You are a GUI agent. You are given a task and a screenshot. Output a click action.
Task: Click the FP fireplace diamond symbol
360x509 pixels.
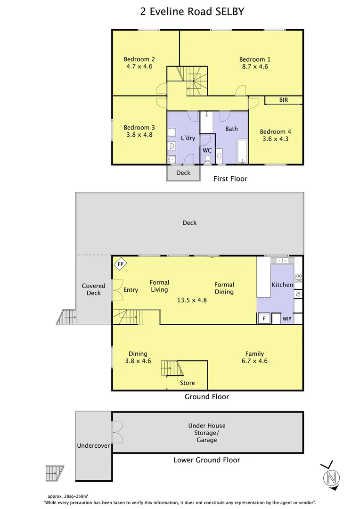tap(121, 264)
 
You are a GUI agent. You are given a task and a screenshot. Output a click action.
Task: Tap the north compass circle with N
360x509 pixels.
tap(331, 478)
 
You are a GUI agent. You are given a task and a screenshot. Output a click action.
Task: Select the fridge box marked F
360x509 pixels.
tap(264, 319)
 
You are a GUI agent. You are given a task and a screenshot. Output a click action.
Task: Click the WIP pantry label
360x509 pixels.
tap(287, 319)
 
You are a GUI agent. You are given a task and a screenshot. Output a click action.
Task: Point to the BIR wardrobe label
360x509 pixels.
tap(284, 100)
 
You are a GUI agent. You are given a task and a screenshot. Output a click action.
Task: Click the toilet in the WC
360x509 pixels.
tap(207, 159)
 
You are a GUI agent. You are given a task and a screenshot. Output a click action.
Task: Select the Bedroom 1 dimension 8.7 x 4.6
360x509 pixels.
tap(255, 66)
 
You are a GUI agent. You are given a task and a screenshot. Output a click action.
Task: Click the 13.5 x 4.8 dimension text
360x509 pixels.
tap(192, 300)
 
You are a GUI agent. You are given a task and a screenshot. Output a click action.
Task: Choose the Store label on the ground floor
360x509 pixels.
tap(188, 383)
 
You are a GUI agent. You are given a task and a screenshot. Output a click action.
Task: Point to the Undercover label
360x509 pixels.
tap(93, 446)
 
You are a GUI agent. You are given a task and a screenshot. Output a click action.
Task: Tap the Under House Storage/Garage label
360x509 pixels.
tap(207, 433)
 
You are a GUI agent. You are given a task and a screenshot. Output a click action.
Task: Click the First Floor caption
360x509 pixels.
tap(230, 179)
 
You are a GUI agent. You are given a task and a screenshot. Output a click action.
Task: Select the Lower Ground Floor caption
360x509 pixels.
tap(207, 460)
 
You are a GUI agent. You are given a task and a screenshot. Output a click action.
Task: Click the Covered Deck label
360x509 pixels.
tap(93, 289)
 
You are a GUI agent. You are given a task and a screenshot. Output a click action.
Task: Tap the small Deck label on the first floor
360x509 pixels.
tap(183, 173)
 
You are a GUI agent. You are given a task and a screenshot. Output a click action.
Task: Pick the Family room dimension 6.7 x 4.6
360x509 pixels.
tap(254, 361)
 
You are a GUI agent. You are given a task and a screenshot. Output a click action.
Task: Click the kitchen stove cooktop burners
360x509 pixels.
tap(298, 278)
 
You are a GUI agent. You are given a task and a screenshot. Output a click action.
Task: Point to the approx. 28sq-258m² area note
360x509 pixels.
tap(68, 496)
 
